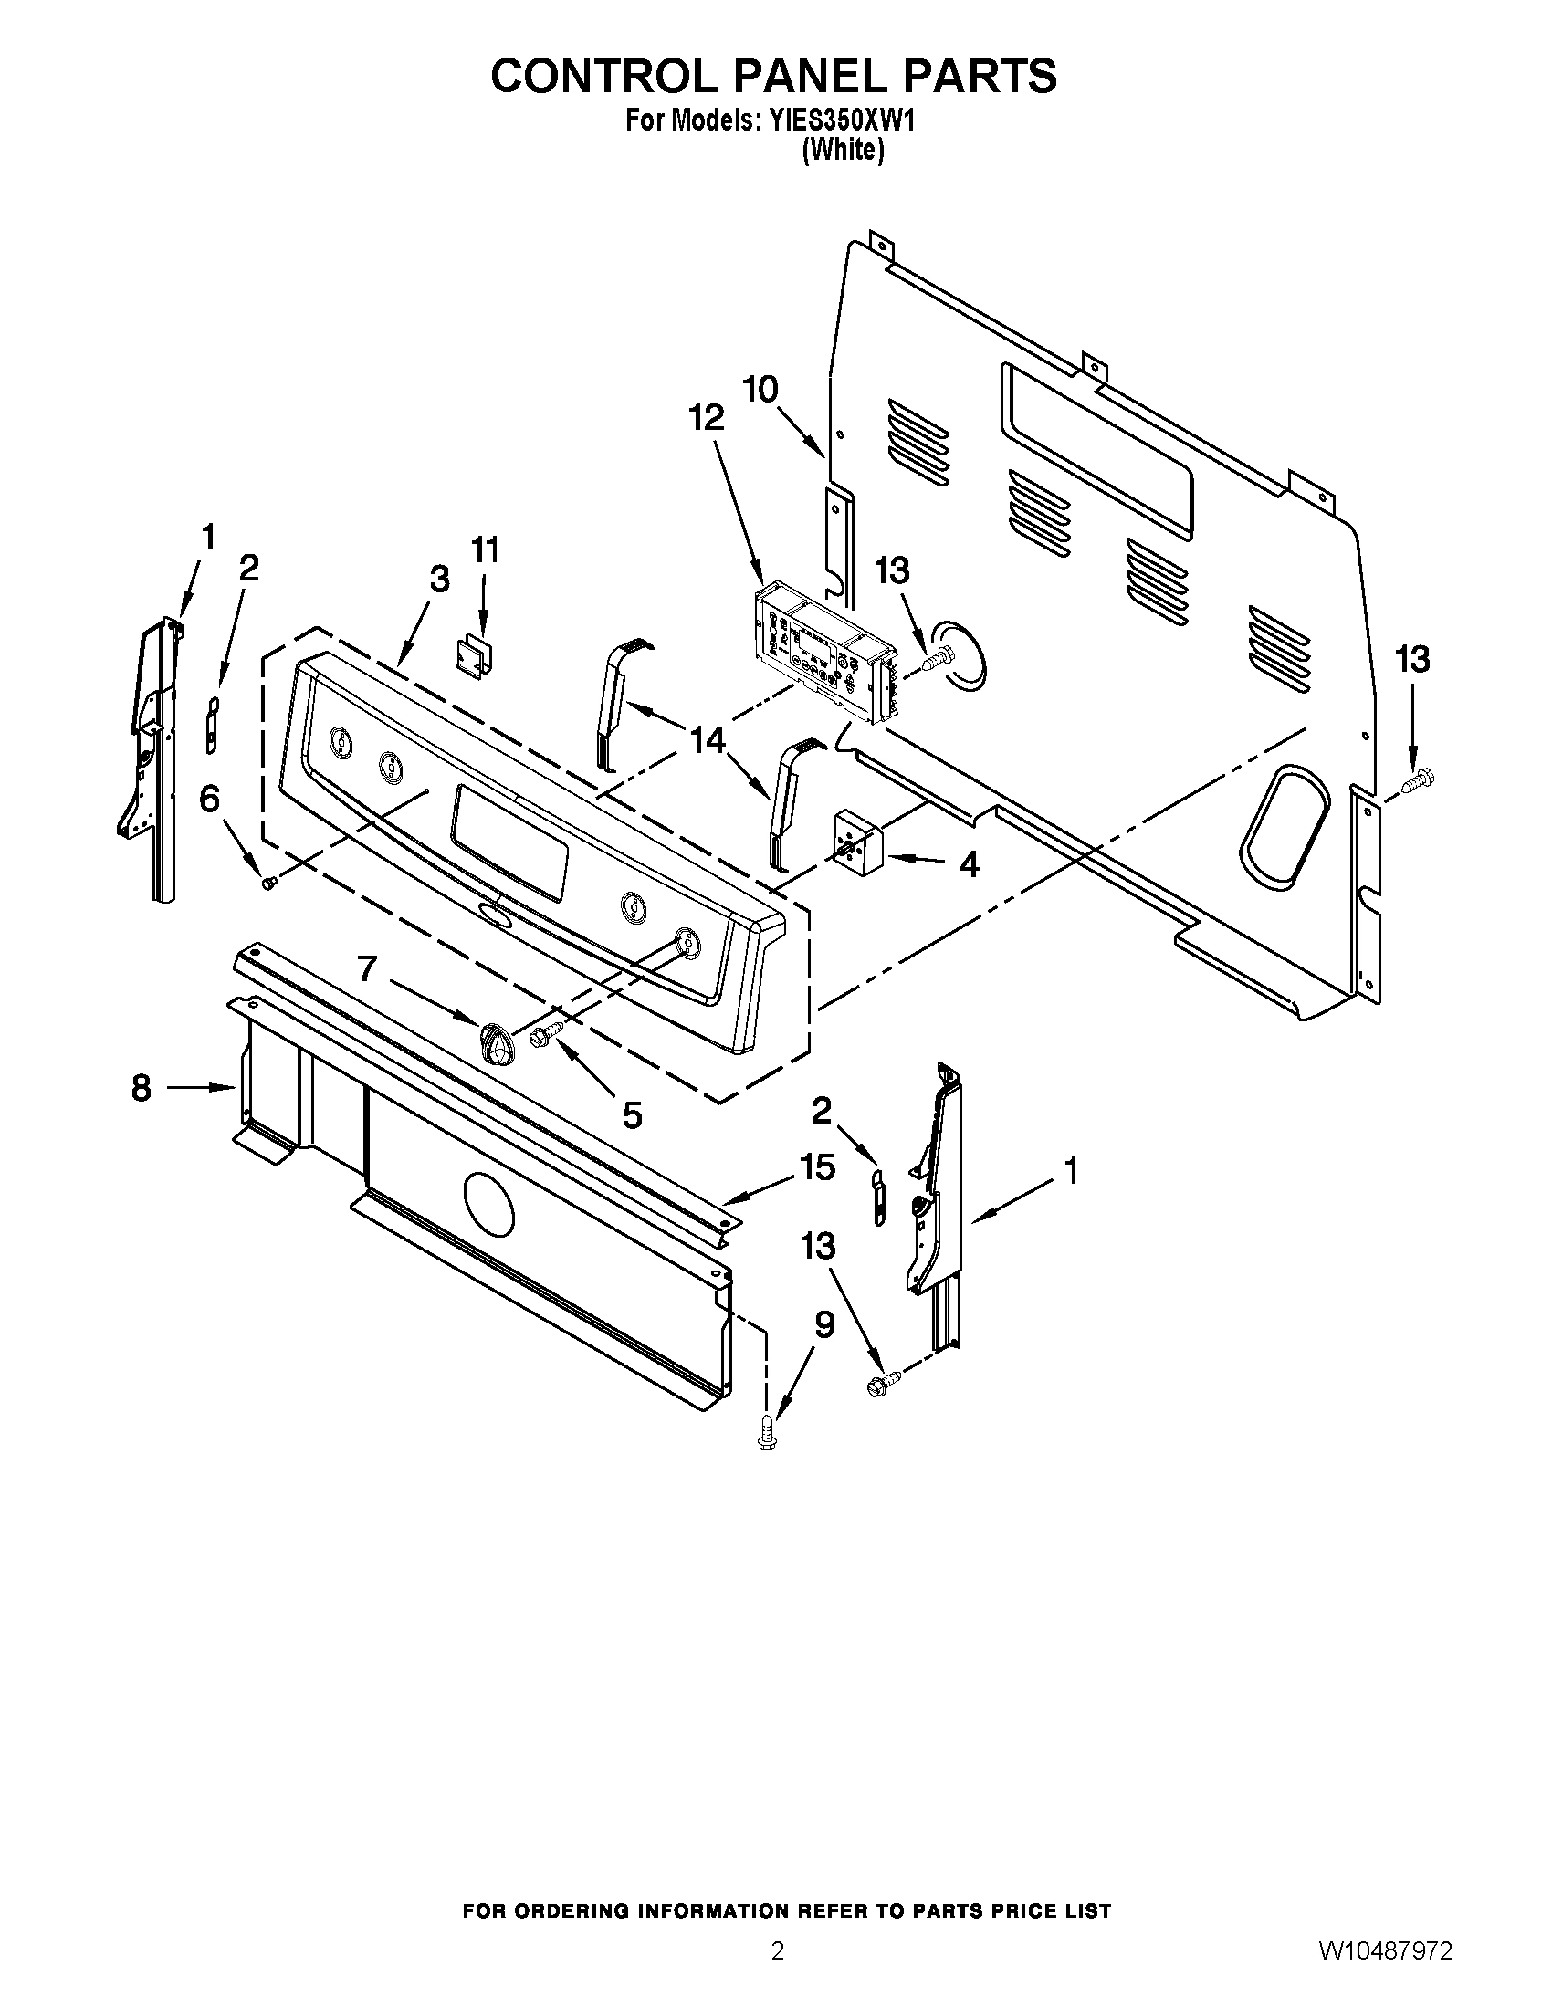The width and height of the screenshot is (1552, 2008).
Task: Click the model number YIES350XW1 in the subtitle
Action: click(x=836, y=120)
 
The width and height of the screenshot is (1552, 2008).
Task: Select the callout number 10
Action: click(x=760, y=390)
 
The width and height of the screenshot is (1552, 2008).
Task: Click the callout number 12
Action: click(x=707, y=418)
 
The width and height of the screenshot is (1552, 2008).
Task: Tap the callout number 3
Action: click(x=439, y=580)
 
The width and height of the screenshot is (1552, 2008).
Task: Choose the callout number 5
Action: click(x=632, y=1115)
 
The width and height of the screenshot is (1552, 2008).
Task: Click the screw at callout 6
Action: click(x=269, y=882)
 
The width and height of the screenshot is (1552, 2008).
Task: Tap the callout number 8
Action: click(x=141, y=1089)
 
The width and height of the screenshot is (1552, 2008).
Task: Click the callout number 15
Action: click(x=817, y=1167)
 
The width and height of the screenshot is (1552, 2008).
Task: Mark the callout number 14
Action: click(x=708, y=740)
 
